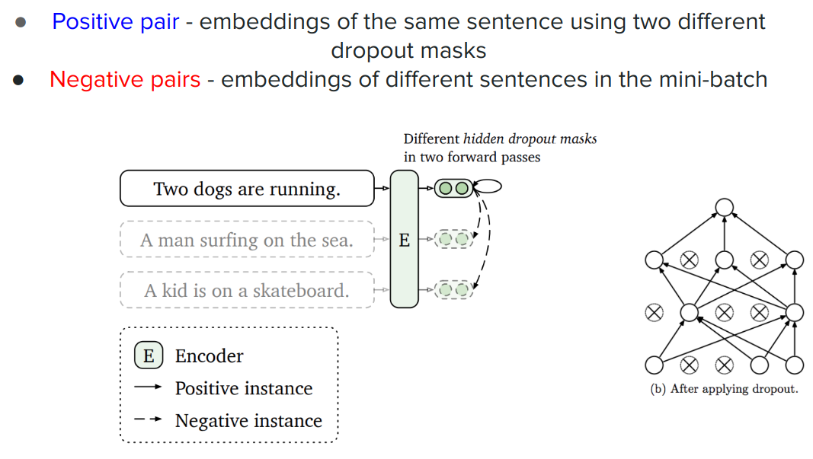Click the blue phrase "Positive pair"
[116, 22]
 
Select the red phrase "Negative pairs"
[125, 80]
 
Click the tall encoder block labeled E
[404, 239]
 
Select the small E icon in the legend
[149, 355]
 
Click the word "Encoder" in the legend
[209, 356]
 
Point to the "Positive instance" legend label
[244, 388]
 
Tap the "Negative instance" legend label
[248, 421]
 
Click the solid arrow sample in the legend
[148, 387]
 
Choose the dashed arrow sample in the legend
[148, 419]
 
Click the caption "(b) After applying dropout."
[725, 389]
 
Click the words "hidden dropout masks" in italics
[530, 139]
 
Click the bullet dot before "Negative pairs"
[18, 80]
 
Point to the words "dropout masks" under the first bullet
[408, 51]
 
